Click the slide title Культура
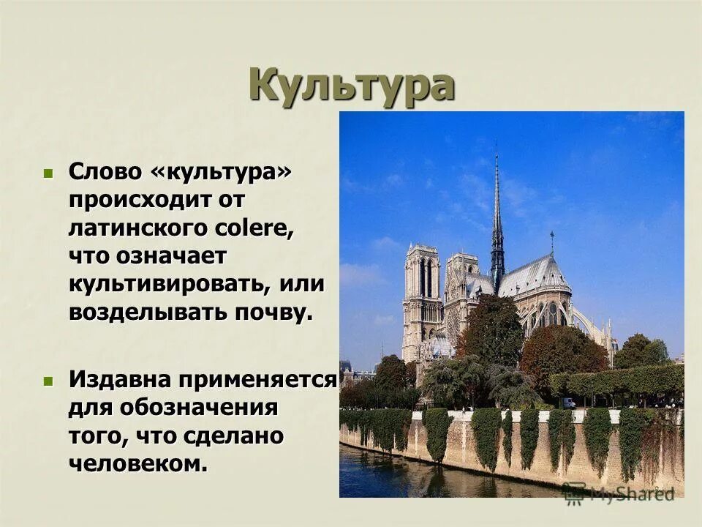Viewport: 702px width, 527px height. coord(351,86)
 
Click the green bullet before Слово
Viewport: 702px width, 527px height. coord(48,174)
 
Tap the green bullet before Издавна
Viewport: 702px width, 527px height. coord(48,381)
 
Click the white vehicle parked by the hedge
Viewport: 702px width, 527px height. coord(568,403)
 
